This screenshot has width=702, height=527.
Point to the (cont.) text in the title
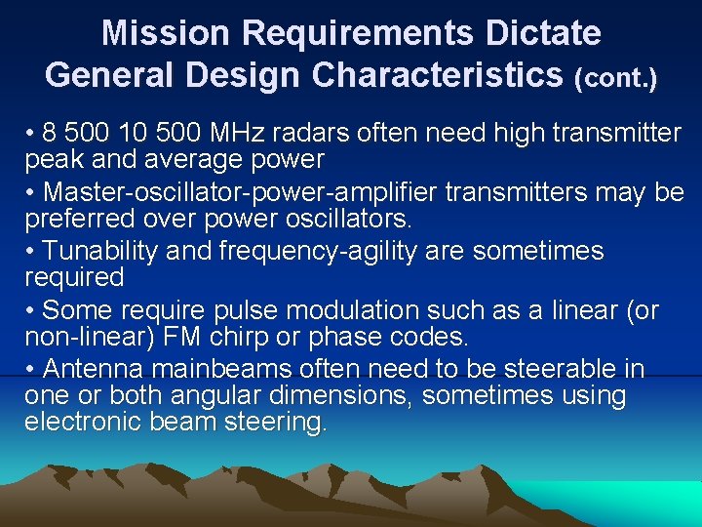[x=616, y=78]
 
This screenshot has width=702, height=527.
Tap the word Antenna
[x=97, y=369]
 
